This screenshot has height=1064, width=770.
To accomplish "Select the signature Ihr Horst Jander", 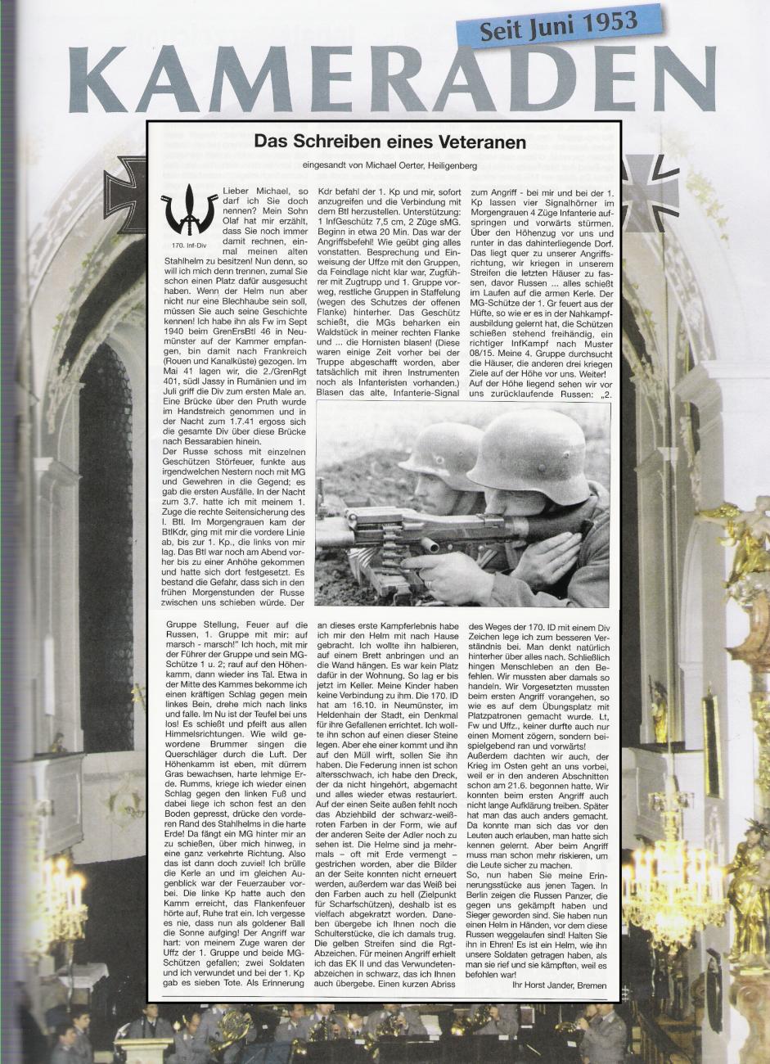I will click(x=541, y=985).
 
